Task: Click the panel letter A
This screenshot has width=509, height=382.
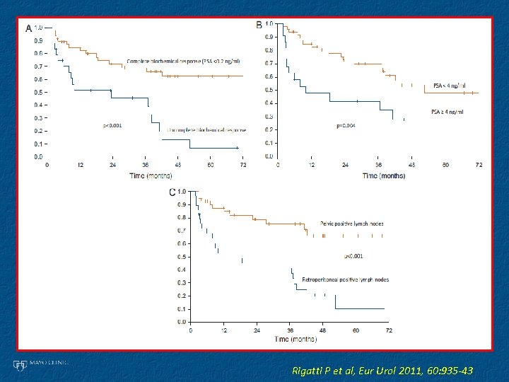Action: (28, 28)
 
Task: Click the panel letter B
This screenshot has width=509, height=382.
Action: (259, 25)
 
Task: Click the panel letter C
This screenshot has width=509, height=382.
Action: (171, 192)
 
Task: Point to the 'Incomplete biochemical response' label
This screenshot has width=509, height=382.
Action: (207, 130)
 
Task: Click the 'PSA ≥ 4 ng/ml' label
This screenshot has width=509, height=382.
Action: (448, 112)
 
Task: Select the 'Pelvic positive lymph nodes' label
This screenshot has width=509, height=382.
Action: (352, 224)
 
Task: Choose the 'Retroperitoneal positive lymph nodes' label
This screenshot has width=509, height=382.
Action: (346, 279)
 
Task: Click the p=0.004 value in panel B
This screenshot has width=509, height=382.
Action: (346, 126)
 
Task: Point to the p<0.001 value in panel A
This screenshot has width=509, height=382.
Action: (112, 125)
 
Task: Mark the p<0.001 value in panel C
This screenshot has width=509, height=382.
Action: (353, 256)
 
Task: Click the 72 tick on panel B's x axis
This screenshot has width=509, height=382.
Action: (479, 165)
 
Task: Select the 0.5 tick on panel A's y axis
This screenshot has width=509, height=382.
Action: (38, 93)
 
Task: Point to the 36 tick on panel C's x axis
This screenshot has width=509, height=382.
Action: (290, 330)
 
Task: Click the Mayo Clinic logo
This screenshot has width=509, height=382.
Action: (40, 364)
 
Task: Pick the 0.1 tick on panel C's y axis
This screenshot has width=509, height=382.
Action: (182, 309)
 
